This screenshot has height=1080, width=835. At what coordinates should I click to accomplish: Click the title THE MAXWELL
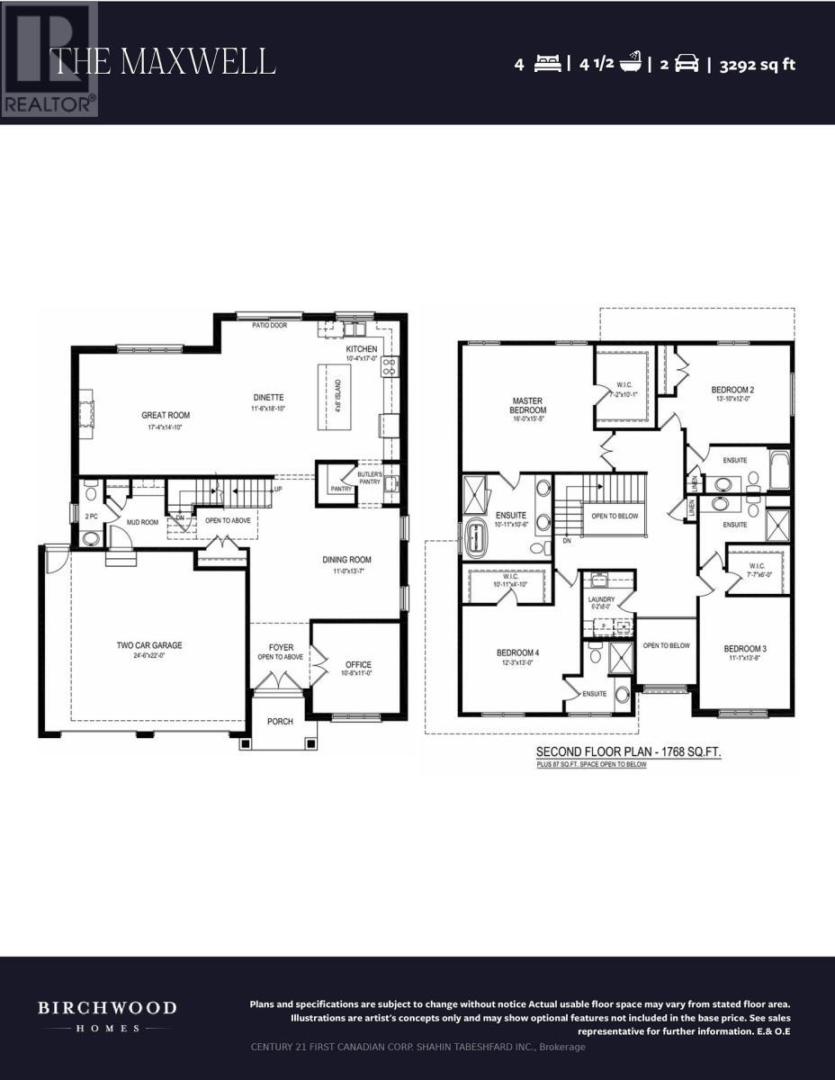pyautogui.click(x=163, y=61)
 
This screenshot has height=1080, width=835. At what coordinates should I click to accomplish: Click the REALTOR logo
pyautogui.click(x=49, y=59)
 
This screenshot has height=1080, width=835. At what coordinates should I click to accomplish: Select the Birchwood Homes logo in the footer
pyautogui.click(x=107, y=1015)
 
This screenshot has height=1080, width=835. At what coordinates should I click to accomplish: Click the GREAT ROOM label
pyautogui.click(x=166, y=416)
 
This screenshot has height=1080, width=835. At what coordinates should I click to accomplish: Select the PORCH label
pyautogui.click(x=279, y=721)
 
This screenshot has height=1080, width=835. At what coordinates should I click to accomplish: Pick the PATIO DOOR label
pyautogui.click(x=270, y=325)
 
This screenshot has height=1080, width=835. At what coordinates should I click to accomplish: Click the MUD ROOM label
pyautogui.click(x=142, y=522)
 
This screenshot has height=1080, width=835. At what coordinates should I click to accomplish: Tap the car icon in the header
pyautogui.click(x=687, y=64)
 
